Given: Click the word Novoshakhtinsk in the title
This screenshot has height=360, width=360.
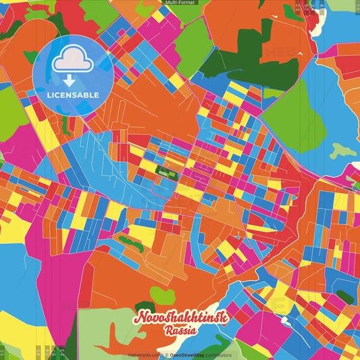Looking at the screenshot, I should click(183, 317).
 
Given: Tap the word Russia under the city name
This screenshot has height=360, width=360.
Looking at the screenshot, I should click(180, 331).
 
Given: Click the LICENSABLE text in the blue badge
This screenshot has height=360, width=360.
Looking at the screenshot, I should click(72, 94).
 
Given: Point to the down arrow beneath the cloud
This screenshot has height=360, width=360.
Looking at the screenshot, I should click(70, 80).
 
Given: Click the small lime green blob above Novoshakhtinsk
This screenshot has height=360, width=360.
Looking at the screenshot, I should click(161, 294).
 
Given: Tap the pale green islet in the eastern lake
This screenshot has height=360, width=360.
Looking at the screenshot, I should click(344, 151).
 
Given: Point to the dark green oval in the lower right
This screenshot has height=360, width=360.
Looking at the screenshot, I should click(344, 296).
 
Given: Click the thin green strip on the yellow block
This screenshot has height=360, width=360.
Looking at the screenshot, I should click(130, 242).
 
